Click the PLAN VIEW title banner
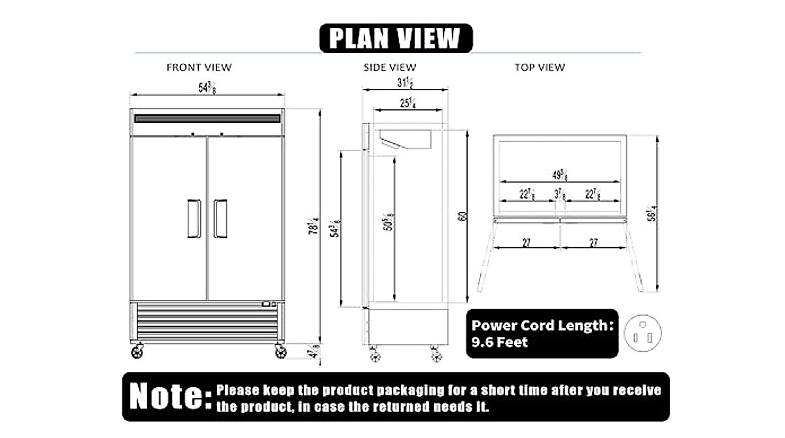coord(395,38)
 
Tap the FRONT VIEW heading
coord(199,67)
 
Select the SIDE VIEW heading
coord(390,67)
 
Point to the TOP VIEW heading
coord(540,67)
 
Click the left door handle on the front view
coord(194,218)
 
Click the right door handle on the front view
coord(220,218)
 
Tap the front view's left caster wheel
coord(137,352)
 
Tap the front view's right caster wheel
coord(281,352)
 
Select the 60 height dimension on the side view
coord(462,216)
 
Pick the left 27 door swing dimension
coord(527,243)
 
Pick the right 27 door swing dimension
coord(594,243)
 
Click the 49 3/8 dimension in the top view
coord(560,175)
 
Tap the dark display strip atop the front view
coord(207,118)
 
